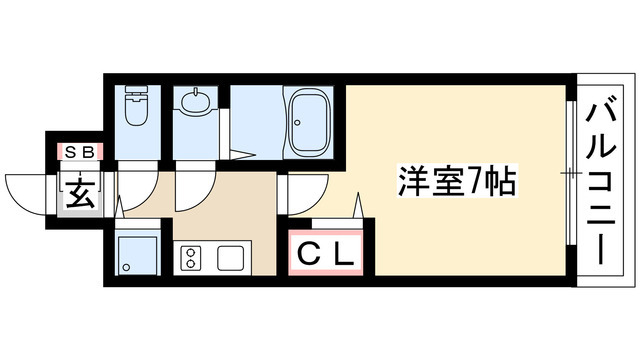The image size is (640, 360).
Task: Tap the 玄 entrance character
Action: [x=80, y=193]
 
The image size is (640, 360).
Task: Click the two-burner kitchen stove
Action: [x=190, y=259]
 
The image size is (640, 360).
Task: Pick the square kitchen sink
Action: [x=231, y=259]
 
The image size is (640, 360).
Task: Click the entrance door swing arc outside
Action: [x=27, y=192]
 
